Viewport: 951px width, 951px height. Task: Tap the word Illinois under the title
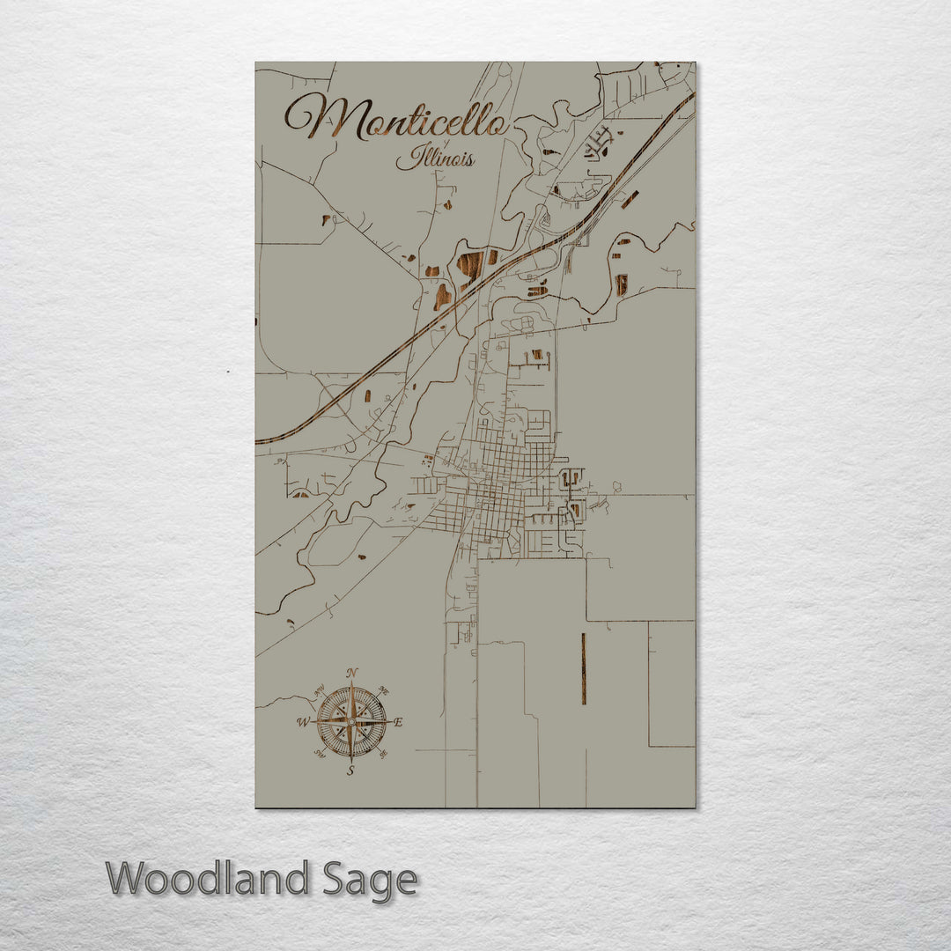(x=435, y=158)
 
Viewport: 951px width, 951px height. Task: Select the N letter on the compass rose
(x=352, y=674)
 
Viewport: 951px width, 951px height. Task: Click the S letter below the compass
(x=350, y=770)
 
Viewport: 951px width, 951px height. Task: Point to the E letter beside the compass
(x=398, y=722)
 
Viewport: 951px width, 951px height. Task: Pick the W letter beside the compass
(x=302, y=723)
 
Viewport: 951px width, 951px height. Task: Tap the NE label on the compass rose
(x=383, y=691)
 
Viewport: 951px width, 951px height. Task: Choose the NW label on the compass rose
(x=321, y=689)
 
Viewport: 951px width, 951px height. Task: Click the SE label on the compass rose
(x=382, y=754)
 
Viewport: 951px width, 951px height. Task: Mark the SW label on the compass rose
(x=320, y=754)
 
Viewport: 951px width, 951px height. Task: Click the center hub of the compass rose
(x=351, y=722)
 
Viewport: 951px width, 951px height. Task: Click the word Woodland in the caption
(x=208, y=879)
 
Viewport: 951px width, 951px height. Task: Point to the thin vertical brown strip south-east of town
(x=583, y=669)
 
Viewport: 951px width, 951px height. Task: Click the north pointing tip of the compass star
(x=351, y=684)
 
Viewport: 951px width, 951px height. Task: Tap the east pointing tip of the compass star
(x=389, y=722)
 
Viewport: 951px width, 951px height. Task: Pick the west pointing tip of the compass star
(x=313, y=722)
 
